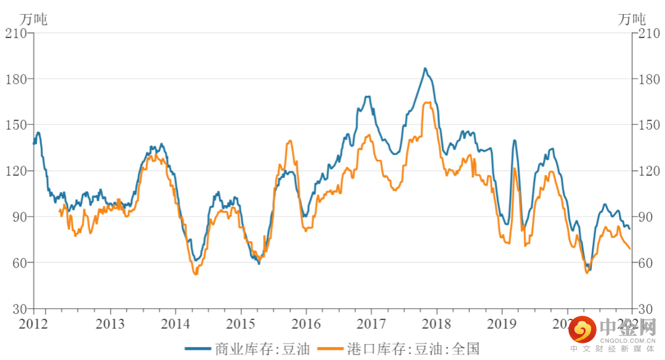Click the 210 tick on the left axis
(x=17, y=33)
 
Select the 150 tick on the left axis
(x=17, y=125)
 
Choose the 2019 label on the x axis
(x=502, y=323)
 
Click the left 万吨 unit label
(x=33, y=18)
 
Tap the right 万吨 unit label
(x=632, y=18)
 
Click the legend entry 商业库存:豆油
(x=246, y=350)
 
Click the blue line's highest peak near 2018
(x=425, y=68)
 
